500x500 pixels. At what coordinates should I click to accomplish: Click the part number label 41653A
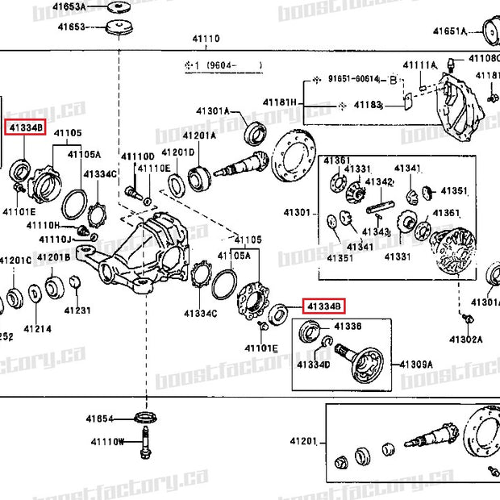(x=70, y=7)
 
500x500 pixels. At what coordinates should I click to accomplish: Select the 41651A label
(x=450, y=31)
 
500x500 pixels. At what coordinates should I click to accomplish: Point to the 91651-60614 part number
(x=353, y=79)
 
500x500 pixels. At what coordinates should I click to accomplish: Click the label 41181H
(x=280, y=102)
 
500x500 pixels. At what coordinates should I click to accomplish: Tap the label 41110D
(x=137, y=156)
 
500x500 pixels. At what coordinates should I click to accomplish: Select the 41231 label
(x=77, y=310)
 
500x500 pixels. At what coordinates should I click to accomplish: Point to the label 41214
(x=37, y=329)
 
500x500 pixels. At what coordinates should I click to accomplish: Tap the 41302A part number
(x=466, y=340)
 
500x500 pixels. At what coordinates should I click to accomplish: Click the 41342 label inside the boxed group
(x=378, y=182)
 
